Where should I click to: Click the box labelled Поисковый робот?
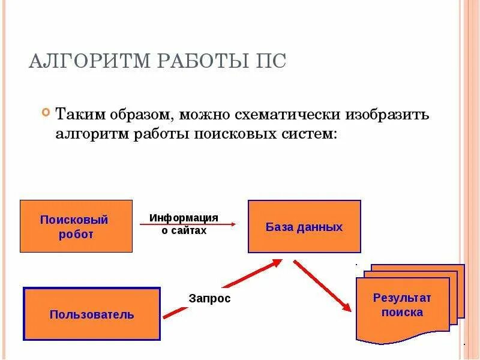76,226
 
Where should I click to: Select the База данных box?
304,227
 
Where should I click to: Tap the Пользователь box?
92,314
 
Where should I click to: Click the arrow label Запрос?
209,298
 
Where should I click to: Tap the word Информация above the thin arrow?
184,217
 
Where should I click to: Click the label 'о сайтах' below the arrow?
184,231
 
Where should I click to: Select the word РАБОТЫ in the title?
191,62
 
